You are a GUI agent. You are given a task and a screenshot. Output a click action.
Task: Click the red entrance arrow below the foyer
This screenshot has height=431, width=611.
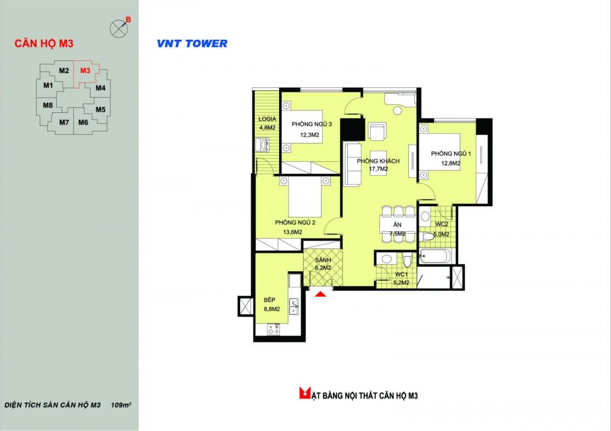[320, 295]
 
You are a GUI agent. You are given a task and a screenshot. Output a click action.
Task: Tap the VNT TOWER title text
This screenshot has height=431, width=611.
[192, 43]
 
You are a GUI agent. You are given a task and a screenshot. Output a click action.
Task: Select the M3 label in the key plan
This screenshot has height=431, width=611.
[86, 70]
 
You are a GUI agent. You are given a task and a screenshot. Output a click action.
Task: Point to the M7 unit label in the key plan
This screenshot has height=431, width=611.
[64, 122]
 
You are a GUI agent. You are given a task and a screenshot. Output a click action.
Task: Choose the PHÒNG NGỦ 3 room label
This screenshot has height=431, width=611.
[312, 124]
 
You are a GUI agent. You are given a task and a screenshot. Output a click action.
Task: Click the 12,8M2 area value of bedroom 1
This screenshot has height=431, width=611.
[451, 163]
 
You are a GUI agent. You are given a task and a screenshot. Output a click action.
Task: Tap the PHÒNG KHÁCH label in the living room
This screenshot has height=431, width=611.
[378, 161]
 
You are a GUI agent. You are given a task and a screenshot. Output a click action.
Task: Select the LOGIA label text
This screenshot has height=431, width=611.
[268, 119]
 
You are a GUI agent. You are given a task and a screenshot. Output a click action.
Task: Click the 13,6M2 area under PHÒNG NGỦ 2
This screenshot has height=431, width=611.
[293, 232]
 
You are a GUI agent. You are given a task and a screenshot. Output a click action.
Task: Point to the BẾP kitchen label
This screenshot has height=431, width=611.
[269, 300]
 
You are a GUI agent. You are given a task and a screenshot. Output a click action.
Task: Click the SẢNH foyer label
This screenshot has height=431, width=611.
[323, 260]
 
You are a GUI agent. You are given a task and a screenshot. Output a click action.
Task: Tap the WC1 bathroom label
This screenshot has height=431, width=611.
[401, 275]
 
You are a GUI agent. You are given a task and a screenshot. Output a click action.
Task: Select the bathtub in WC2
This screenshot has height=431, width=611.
[435, 256]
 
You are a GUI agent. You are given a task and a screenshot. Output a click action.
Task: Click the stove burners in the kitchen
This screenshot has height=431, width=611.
[274, 330]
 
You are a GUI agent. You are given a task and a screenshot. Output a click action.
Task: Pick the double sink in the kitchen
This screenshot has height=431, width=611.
[294, 307]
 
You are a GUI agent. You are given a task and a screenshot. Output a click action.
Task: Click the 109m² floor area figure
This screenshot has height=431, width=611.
[121, 405]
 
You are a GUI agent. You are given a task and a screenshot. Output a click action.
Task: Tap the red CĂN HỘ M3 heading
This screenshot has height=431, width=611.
[44, 43]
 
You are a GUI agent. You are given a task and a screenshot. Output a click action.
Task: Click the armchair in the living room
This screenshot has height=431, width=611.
[377, 132]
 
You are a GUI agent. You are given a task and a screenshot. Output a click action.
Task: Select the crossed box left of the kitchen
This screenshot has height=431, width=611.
[246, 306]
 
